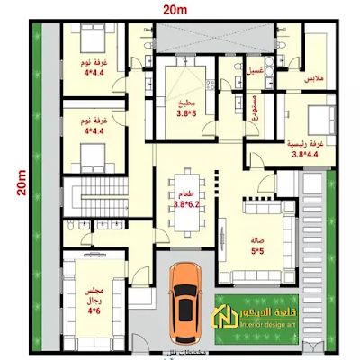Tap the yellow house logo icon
coord(235,317)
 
